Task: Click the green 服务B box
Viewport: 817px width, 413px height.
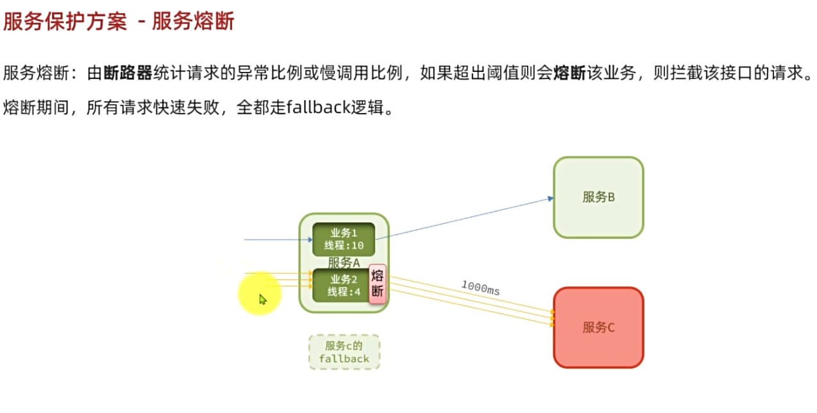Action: pos(598,197)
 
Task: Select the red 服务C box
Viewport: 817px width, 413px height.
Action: pos(598,328)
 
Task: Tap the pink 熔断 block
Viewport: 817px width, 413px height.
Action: pos(378,285)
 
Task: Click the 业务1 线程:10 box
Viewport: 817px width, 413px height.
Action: pos(343,239)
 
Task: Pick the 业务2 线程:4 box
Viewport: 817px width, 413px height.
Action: pos(341,285)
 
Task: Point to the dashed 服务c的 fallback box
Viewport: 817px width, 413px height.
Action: pos(344,352)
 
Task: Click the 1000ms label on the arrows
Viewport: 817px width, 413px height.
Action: pos(480,288)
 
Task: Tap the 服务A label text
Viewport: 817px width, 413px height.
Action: pos(344,262)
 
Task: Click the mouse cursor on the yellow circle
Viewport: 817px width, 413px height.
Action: pos(262,299)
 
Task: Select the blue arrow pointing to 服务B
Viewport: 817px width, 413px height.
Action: pos(464,218)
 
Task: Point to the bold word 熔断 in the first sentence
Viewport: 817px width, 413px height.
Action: pos(569,73)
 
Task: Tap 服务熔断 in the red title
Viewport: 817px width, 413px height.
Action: pos(193,22)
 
